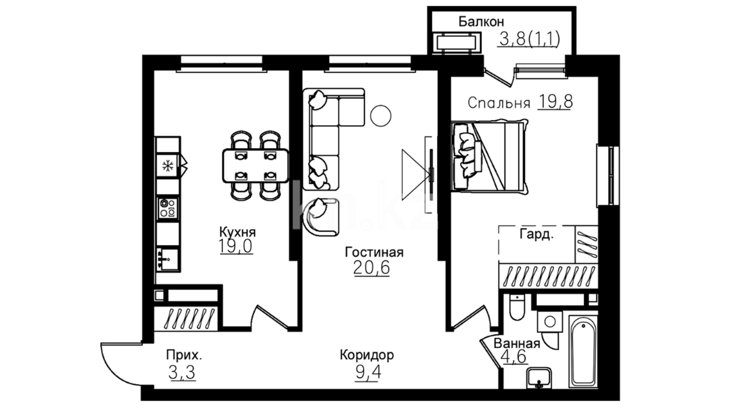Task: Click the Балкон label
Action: click(481, 22)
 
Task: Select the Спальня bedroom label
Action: click(499, 103)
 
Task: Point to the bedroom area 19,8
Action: click(555, 102)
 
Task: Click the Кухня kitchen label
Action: click(237, 232)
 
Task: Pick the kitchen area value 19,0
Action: click(236, 247)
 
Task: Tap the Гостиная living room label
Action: click(374, 252)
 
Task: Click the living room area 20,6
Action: click(372, 268)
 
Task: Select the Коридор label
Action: click(367, 355)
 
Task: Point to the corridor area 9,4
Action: click(368, 372)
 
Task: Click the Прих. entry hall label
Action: click(184, 355)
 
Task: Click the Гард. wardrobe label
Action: click(537, 235)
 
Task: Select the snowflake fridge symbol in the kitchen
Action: click(168, 166)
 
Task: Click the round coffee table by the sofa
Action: click(381, 116)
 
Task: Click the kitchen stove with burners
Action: click(168, 208)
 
